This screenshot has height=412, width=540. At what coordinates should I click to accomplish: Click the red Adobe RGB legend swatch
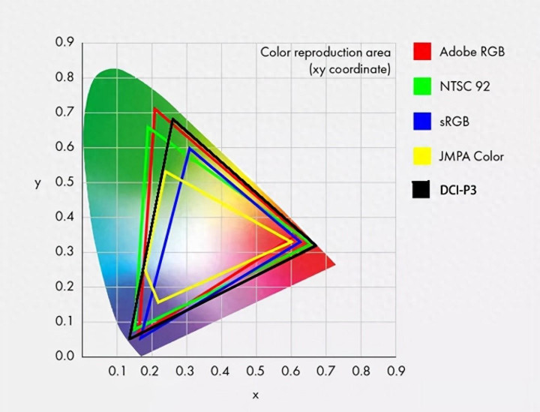[422, 51]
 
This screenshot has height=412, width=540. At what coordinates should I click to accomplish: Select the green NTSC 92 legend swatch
[422, 86]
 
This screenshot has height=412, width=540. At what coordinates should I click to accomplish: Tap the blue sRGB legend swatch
[422, 121]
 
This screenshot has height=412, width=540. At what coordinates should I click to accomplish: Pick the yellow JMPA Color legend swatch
[422, 156]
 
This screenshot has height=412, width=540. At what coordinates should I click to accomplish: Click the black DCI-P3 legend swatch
[421, 191]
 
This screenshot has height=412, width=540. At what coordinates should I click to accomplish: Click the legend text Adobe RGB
[472, 52]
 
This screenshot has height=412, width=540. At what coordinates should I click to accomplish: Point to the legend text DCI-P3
[457, 191]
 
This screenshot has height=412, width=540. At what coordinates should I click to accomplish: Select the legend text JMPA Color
[471, 156]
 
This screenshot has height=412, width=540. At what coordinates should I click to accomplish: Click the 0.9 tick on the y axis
[64, 43]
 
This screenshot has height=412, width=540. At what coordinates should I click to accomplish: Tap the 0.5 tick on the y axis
[64, 182]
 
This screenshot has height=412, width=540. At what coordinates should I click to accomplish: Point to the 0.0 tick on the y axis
[64, 356]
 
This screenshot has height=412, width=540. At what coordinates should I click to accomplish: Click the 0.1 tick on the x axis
[116, 371]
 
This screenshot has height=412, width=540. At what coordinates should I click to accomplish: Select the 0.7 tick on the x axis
[325, 371]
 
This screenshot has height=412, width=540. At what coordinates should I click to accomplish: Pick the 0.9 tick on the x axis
[395, 371]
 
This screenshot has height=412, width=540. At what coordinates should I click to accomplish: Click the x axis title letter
[255, 395]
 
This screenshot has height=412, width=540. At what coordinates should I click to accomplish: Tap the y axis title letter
[37, 183]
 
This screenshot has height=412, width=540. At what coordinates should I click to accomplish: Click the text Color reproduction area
[325, 53]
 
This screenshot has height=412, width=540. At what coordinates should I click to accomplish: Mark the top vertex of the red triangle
[155, 109]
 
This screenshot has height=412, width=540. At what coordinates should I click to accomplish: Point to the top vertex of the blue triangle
[190, 149]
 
